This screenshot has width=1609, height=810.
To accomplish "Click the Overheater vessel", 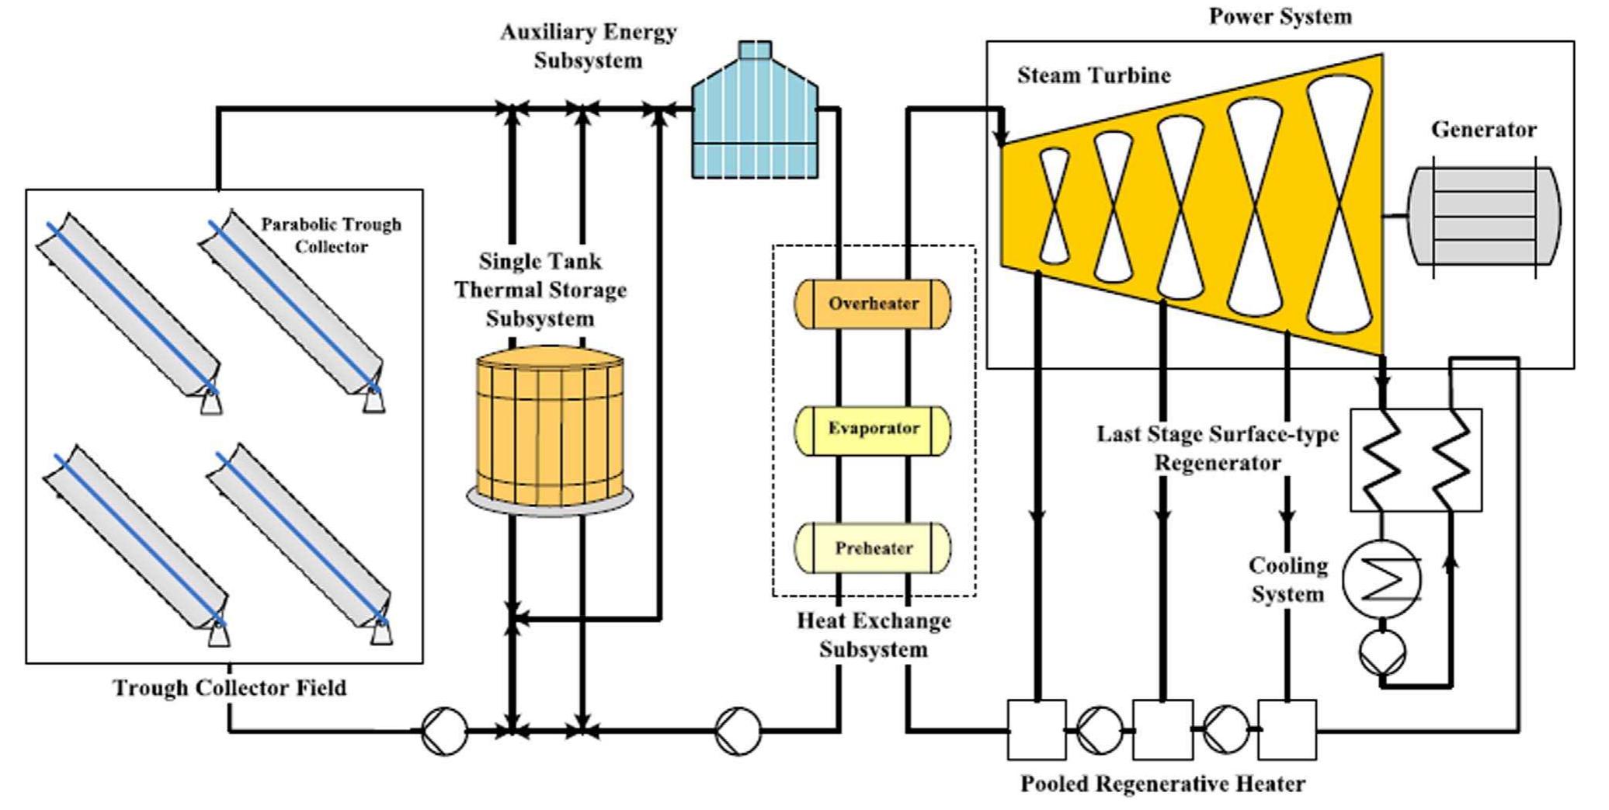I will [x=872, y=304].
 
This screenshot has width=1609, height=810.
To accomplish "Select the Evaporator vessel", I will [x=872, y=429].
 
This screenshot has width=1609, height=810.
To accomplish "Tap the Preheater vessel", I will [x=872, y=548].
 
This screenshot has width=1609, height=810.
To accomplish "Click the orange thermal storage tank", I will [x=550, y=427].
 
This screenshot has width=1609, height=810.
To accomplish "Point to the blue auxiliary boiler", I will [x=754, y=116].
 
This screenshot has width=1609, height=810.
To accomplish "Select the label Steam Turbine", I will [x=1093, y=75].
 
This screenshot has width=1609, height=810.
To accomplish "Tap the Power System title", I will [x=1280, y=16].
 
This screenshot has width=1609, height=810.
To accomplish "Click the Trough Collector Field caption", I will [x=230, y=688].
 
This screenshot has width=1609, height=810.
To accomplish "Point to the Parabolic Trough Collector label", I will [x=331, y=235].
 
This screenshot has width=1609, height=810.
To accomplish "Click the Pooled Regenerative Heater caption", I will [x=1162, y=784].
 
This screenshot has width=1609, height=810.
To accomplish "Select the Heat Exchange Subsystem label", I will [x=874, y=635].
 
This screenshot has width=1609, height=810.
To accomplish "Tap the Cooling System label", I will [x=1288, y=580].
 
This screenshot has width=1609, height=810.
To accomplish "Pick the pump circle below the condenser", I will [x=1382, y=652].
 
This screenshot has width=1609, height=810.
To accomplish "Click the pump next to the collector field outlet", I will [x=444, y=731].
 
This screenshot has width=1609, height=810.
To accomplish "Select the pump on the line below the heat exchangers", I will [x=738, y=731].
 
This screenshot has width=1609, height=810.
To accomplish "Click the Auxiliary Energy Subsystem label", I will [x=588, y=46].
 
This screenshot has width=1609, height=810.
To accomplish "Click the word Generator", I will [x=1483, y=130].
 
